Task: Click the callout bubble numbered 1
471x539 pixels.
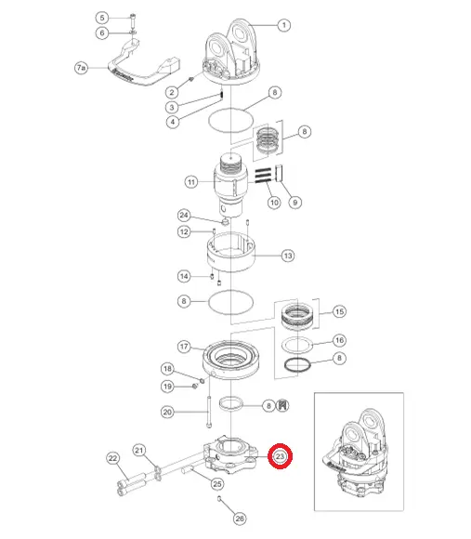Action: tap(283, 25)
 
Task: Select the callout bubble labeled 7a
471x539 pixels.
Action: tap(81, 68)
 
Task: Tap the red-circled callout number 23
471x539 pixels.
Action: tap(280, 456)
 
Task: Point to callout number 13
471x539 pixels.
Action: tap(288, 256)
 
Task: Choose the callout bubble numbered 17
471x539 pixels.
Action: tap(184, 346)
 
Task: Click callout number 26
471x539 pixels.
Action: tap(240, 519)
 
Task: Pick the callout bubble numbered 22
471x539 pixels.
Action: tap(113, 458)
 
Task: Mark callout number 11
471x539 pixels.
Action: tap(191, 182)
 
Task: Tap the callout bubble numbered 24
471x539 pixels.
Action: tap(184, 216)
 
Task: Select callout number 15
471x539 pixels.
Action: tap(339, 311)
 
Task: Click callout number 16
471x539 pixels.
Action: tap(339, 340)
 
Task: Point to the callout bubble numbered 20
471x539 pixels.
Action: tap(167, 412)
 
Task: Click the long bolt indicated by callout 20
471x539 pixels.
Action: tap(209, 413)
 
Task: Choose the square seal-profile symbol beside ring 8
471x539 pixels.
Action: tap(282, 405)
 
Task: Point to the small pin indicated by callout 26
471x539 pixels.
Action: tap(219, 498)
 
